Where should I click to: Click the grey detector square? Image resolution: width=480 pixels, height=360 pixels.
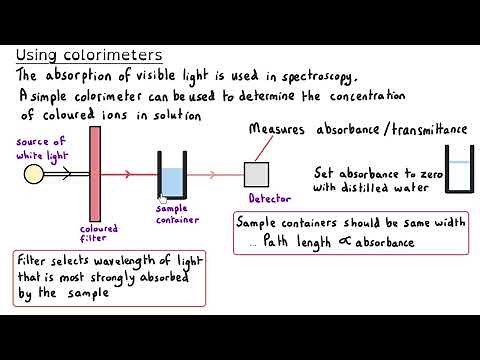click(x=257, y=173)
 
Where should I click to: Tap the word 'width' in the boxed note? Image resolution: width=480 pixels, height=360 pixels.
click(x=446, y=221)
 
